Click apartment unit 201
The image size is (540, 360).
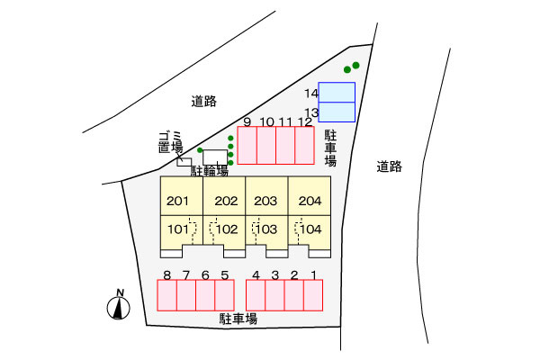(x=182, y=196)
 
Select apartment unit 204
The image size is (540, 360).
(x=310, y=196)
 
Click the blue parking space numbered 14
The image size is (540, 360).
(x=337, y=93)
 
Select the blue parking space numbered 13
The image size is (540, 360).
(x=337, y=112)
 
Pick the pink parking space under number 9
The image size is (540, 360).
(x=247, y=146)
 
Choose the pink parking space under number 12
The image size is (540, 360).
(x=304, y=146)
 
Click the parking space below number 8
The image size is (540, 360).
(x=167, y=295)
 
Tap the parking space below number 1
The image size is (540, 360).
(x=313, y=295)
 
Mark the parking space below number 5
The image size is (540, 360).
(x=224, y=295)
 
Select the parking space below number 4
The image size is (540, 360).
(x=256, y=295)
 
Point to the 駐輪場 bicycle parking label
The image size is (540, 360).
(x=210, y=171)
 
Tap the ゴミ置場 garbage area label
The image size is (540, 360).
(x=170, y=142)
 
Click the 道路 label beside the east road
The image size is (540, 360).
(x=389, y=166)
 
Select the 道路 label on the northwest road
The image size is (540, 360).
(x=204, y=102)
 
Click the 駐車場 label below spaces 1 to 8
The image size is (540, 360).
(x=238, y=319)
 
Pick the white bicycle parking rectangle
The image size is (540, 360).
(x=215, y=157)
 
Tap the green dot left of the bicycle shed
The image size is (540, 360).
(x=200, y=150)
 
